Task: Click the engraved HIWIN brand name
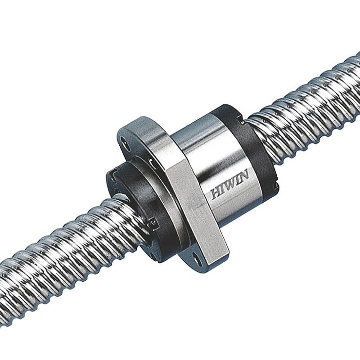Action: point(228,188)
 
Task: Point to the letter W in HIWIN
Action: point(229,188)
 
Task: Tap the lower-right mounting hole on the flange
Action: point(197,258)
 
